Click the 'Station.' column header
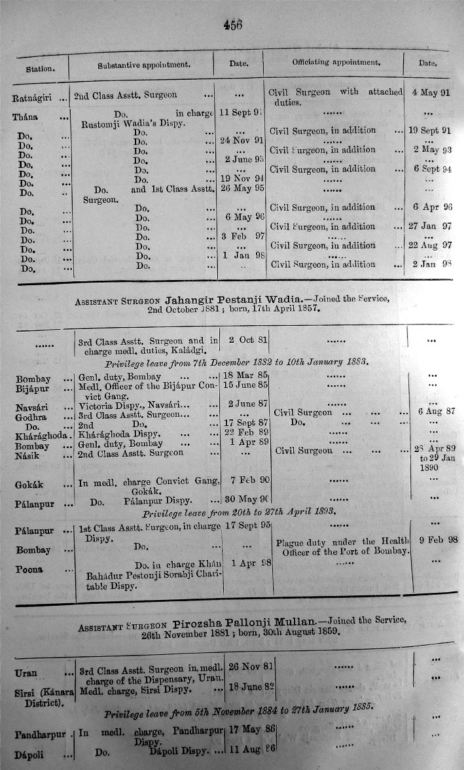[40, 68]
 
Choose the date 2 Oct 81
[241, 340]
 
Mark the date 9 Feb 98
[435, 540]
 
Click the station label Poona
[30, 569]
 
